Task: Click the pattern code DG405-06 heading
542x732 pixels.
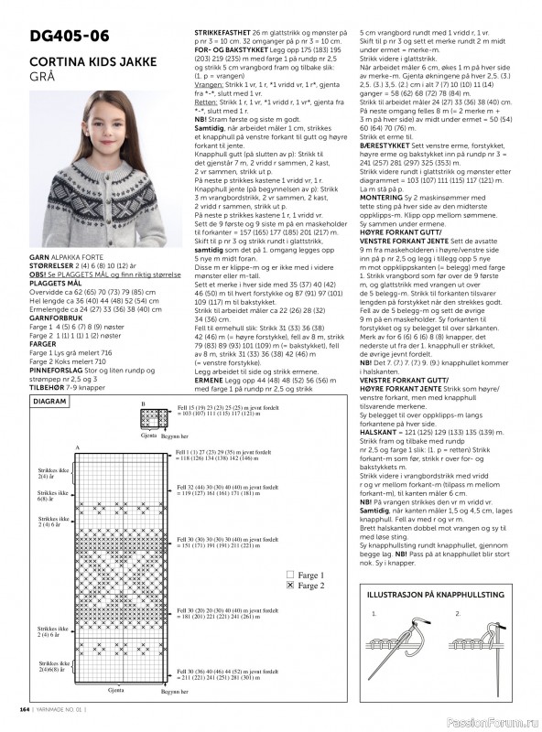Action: click(70, 36)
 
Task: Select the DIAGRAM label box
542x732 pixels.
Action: click(49, 401)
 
